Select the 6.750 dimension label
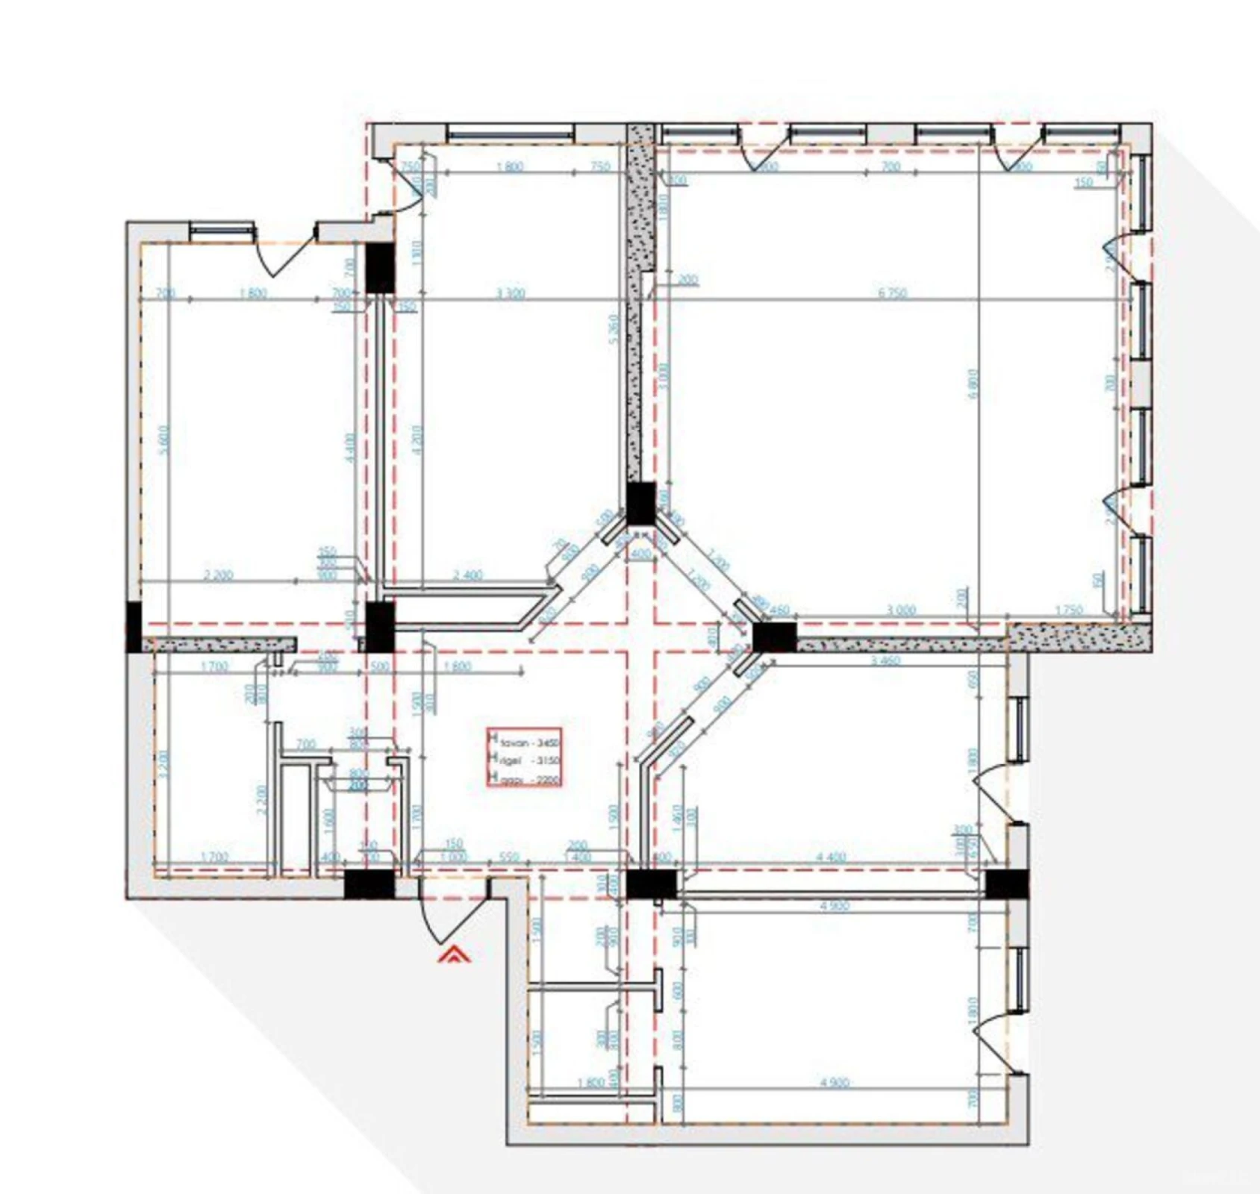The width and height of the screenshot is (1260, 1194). [x=893, y=293]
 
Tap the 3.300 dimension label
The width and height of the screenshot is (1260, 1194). [x=511, y=293]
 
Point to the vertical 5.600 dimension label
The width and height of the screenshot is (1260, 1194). [x=165, y=440]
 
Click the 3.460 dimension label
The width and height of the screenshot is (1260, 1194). [x=886, y=660]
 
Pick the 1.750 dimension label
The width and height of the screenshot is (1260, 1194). [x=1069, y=610]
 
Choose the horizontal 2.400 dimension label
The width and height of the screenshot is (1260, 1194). [x=468, y=575]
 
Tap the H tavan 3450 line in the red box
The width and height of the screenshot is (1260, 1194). [x=525, y=743]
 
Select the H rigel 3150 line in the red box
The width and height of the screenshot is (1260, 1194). [x=525, y=761]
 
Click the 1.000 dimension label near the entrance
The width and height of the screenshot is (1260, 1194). [x=453, y=857]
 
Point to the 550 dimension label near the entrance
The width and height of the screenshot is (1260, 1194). [x=509, y=857]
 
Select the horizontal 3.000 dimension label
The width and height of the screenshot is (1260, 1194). [x=901, y=610]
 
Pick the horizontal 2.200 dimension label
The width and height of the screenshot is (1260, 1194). [x=218, y=575]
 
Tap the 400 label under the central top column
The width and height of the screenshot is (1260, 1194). [x=640, y=554]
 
